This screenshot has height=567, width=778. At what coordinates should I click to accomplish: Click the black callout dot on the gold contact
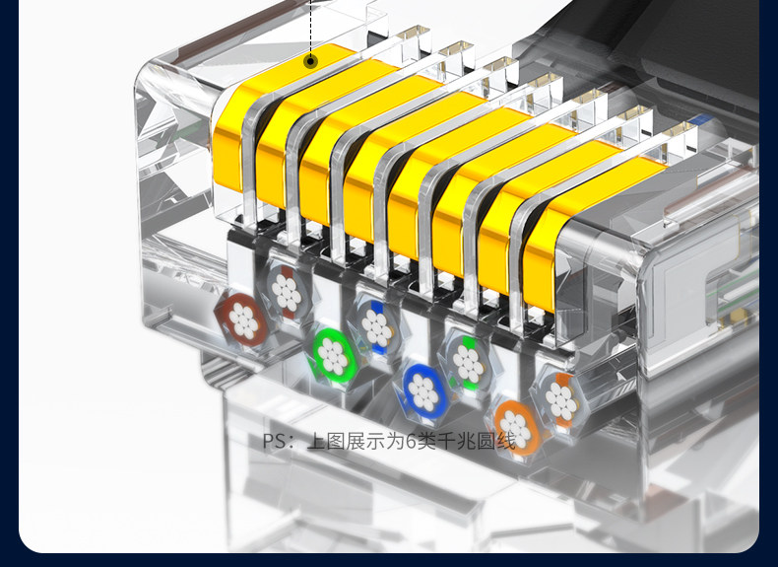point(310,61)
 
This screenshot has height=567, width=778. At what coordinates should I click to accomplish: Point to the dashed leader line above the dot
point(310,28)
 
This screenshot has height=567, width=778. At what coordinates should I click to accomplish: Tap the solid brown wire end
point(241,320)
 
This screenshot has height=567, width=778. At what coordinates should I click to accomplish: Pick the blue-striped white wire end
point(376,326)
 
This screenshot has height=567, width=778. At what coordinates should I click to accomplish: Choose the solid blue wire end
point(422,389)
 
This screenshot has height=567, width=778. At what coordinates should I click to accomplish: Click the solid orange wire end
point(516,426)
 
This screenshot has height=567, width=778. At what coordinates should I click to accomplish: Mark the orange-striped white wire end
point(560,400)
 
